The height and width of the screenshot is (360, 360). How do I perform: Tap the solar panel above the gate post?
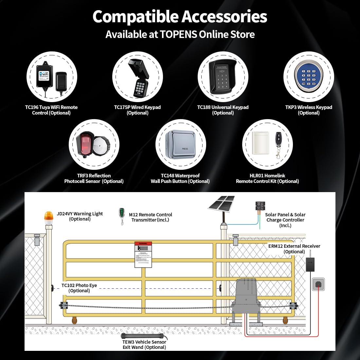click(222, 203)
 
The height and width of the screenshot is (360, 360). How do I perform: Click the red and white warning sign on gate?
click(143, 254)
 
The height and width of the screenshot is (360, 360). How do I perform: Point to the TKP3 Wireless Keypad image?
click(308, 77)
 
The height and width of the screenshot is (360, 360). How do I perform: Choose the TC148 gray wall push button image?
click(181, 145)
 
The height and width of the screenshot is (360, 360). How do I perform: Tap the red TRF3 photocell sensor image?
click(84, 145)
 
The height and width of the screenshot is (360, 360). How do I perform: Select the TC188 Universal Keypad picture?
click(222, 77)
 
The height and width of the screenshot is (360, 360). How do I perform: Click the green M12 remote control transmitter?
click(122, 214)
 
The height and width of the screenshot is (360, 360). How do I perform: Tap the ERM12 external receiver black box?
click(310, 264)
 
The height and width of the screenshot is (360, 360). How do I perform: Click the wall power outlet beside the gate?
click(318, 284)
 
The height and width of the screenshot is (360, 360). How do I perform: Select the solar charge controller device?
click(261, 207)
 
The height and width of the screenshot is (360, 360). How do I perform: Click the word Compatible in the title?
click(135, 16)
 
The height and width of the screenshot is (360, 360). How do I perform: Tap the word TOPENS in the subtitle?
click(178, 34)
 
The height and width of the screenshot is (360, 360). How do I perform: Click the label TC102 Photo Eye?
click(79, 285)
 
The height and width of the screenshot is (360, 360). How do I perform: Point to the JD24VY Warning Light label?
click(80, 214)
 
